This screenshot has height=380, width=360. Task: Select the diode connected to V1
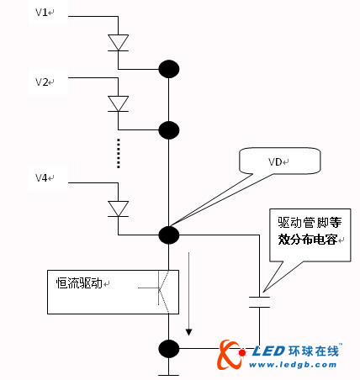[118, 41]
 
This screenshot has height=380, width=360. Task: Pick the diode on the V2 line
[118, 103]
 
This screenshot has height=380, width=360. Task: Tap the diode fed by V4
[118, 207]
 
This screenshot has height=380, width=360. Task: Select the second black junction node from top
[169, 129]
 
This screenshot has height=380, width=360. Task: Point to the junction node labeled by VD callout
[169, 235]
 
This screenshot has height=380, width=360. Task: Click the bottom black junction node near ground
[169, 348]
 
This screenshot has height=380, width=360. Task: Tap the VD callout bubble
[277, 160]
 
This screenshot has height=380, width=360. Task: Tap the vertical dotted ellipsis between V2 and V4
[118, 152]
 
